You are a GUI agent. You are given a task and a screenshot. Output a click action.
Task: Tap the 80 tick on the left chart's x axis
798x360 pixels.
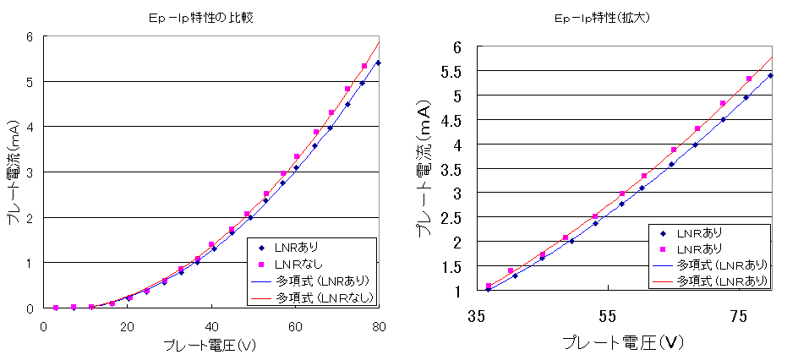tap(380, 326)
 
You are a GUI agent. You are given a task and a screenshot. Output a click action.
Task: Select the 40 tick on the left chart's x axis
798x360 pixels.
tap(211, 326)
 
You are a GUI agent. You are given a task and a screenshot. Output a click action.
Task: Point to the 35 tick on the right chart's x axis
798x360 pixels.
tap(476, 316)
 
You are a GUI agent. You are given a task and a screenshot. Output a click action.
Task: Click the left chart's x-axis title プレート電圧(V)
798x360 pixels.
tap(211, 346)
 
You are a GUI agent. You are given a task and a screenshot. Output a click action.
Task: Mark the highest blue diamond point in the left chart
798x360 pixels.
tap(378, 63)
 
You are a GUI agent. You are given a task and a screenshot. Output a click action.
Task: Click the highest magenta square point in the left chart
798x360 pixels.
tap(364, 66)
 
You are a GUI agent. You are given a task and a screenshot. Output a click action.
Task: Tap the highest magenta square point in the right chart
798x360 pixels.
tap(749, 79)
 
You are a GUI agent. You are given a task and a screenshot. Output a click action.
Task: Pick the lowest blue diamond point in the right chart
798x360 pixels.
tap(488, 289)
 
